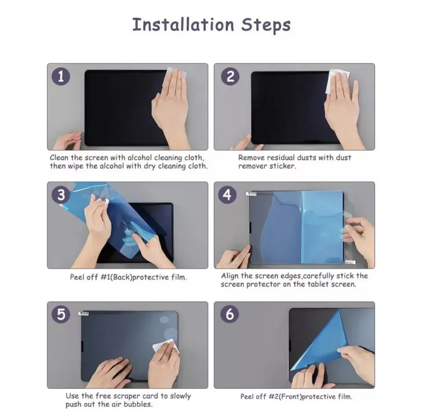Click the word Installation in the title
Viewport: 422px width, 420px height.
click(183, 25)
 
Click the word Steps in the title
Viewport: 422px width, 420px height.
click(266, 26)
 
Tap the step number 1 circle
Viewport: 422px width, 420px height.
click(61, 76)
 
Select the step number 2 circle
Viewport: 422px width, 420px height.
click(230, 76)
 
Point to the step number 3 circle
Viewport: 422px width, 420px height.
click(61, 195)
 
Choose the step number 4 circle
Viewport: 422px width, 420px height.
click(227, 195)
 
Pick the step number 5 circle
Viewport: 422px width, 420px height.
click(61, 314)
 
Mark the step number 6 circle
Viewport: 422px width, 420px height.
click(229, 314)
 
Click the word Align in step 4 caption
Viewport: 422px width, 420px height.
click(230, 276)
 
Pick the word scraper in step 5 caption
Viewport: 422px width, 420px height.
click(127, 396)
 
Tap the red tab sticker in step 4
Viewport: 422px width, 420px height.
click(350, 262)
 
